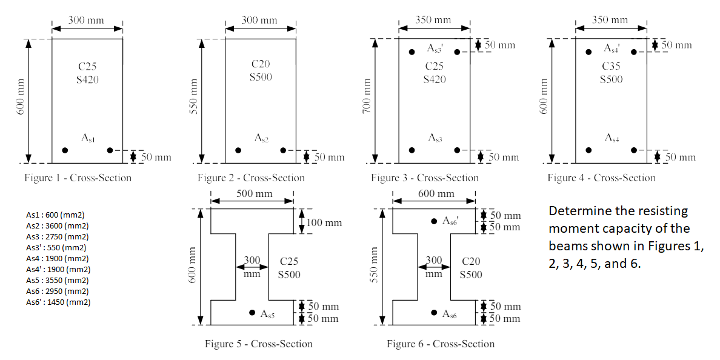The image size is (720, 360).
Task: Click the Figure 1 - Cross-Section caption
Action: tap(78, 178)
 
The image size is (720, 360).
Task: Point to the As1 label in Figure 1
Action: tap(88, 138)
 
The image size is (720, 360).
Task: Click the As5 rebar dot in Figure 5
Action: tap(252, 313)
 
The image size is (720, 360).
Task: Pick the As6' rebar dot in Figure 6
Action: tap(434, 221)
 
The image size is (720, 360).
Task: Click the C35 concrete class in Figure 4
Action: tap(612, 66)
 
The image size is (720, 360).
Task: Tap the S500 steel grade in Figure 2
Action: tap(261, 77)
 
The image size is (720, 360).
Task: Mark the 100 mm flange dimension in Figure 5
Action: tap(324, 222)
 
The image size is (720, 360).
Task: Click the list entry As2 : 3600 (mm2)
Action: tap(57, 225)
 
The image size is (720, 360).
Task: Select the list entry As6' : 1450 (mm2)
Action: tap(58, 302)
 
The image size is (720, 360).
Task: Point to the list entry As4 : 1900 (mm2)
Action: tap(57, 258)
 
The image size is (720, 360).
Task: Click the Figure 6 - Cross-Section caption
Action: tap(441, 344)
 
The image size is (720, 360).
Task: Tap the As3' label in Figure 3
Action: tap(435, 48)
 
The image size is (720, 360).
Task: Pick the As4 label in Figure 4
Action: tap(611, 138)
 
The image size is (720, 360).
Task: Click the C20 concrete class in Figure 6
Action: tap(471, 262)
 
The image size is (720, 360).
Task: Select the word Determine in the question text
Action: tap(576, 211)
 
